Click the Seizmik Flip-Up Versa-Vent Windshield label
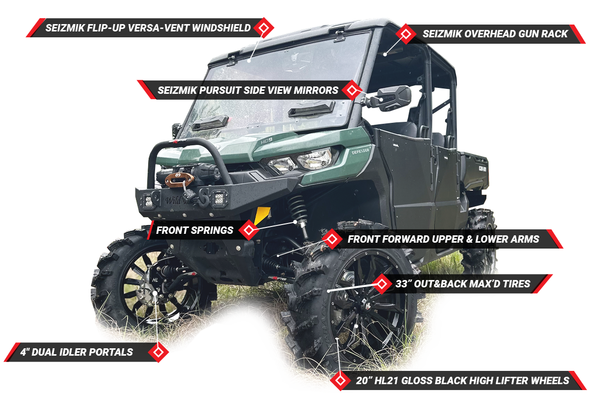click(147, 28)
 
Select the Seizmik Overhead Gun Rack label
click(495, 34)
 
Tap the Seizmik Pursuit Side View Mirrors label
click(247, 90)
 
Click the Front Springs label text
click(194, 230)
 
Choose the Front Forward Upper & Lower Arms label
click(443, 239)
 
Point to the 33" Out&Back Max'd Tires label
click(462, 283)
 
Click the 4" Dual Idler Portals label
click(77, 352)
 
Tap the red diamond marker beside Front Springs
click(249, 229)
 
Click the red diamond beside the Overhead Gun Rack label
click(406, 33)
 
